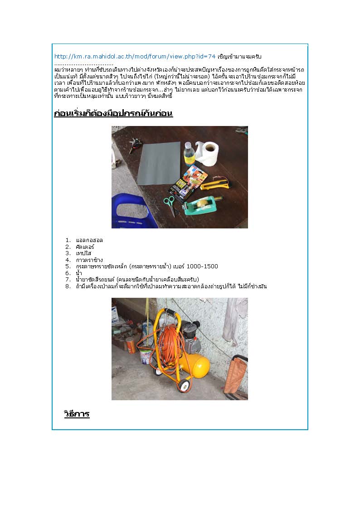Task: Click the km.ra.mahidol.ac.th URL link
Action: click(x=135, y=57)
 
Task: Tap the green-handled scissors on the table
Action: click(x=170, y=204)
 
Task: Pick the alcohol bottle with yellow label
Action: click(x=189, y=154)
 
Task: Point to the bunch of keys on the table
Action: click(x=135, y=144)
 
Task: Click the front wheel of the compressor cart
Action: click(x=183, y=386)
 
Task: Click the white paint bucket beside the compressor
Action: click(x=146, y=356)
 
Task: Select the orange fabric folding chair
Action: click(x=236, y=377)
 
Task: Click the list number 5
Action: click(x=68, y=267)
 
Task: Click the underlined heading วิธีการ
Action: click(x=77, y=414)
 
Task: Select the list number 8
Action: click(x=68, y=286)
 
